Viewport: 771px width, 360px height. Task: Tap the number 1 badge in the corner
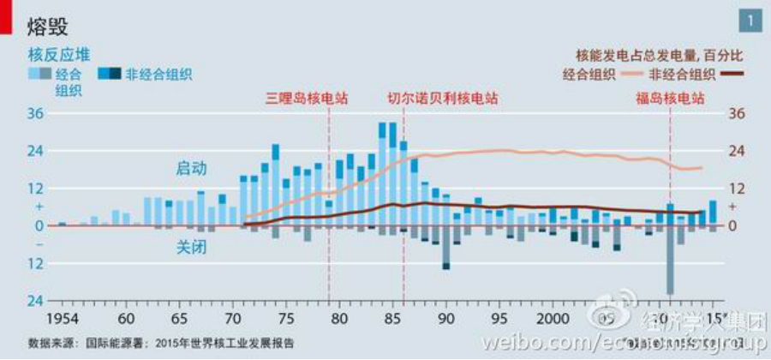coord(750,20)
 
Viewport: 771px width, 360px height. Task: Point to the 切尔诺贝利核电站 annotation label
coord(442,98)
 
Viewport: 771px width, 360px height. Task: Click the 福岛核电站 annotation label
coord(669,98)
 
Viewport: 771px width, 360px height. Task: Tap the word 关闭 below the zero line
coord(191,247)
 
